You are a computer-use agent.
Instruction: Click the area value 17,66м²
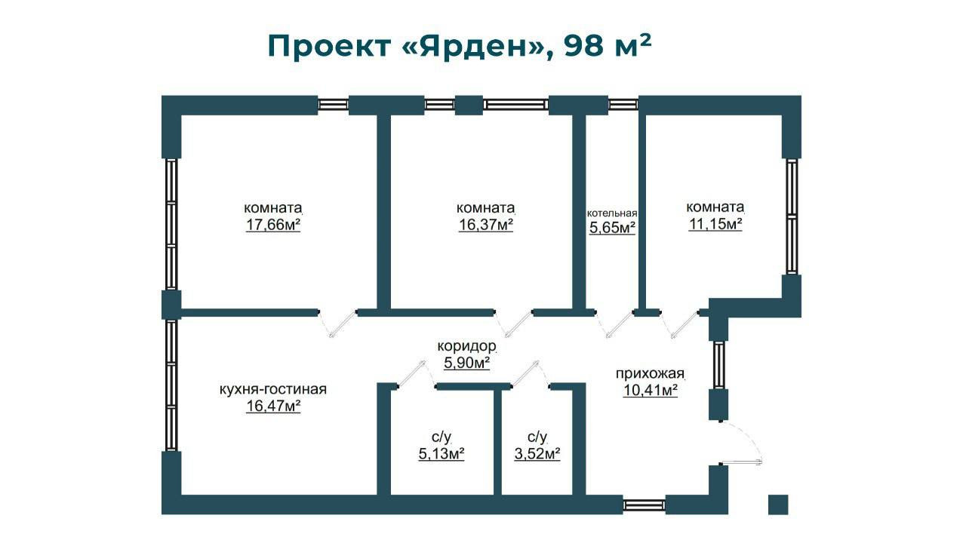click(273, 225)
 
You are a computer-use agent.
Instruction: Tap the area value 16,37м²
click(486, 225)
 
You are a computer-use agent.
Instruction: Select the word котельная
click(612, 213)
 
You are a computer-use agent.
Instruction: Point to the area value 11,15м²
click(715, 224)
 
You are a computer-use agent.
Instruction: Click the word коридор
click(467, 347)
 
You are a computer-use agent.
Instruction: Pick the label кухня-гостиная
click(272, 389)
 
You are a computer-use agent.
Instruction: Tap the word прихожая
click(650, 373)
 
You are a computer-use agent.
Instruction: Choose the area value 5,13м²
click(441, 454)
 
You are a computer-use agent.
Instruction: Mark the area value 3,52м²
click(537, 454)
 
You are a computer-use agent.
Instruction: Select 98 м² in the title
click(608, 45)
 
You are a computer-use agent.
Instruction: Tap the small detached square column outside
click(777, 504)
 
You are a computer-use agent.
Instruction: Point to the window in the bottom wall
click(645, 505)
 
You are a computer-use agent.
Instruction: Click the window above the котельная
click(623, 105)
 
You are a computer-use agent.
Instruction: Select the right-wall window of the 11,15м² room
click(791, 216)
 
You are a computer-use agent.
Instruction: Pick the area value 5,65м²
click(612, 228)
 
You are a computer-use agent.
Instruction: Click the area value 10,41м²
click(650, 390)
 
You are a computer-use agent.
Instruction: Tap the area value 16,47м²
click(273, 406)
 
